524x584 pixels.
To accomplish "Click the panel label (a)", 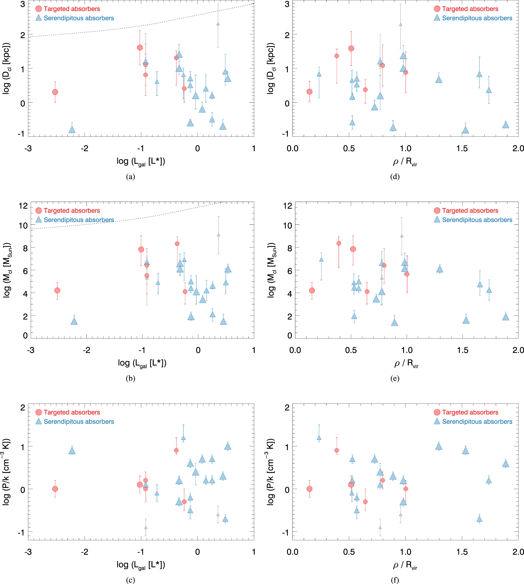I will click(x=131, y=176).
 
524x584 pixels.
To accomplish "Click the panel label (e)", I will click(x=395, y=378).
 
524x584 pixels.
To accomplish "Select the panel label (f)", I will click(x=395, y=580).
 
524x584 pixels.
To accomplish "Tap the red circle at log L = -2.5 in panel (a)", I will click(x=55, y=92).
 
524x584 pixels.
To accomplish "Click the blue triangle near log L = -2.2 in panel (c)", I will click(x=72, y=451).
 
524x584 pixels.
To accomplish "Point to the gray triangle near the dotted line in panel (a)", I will click(x=218, y=24).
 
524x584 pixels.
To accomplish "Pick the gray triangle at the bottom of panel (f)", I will click(x=380, y=528).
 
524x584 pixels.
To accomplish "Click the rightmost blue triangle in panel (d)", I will click(x=506, y=125).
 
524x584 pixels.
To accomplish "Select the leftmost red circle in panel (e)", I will click(x=312, y=290).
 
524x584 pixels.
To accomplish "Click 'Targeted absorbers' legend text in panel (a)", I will click(x=72, y=9).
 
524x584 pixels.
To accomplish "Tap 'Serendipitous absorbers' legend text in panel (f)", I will click(x=477, y=422).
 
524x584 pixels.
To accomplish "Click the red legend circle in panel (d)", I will click(x=437, y=9).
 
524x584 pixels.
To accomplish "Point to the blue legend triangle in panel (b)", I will click(x=39, y=220).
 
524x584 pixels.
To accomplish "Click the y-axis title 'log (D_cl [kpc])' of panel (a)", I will click(x=6, y=69).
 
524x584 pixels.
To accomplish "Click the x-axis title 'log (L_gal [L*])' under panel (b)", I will click(x=142, y=363).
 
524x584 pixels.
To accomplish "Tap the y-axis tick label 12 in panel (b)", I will click(x=23, y=206).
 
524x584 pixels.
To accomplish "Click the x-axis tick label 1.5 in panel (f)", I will click(x=462, y=552).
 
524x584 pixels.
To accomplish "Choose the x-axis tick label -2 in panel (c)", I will click(x=84, y=552).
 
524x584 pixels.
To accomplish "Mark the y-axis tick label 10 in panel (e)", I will click(x=288, y=225).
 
